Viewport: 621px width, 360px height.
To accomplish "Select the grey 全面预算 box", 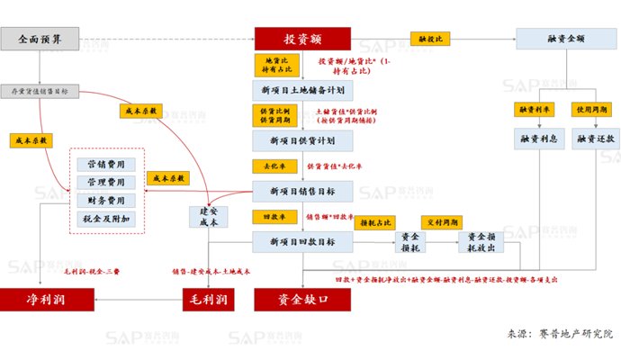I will tap(41, 39).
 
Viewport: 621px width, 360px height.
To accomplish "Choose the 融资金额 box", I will tap(567, 39).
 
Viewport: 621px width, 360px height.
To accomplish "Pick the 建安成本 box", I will tap(209, 217).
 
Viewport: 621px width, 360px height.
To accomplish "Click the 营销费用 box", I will tap(106, 165).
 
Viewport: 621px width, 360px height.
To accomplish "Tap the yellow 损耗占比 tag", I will tap(375, 221).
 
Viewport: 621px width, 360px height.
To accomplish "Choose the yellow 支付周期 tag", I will tap(442, 221).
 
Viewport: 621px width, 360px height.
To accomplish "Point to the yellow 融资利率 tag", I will tap(534, 109).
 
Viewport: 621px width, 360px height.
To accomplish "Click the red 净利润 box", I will tap(43, 298).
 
